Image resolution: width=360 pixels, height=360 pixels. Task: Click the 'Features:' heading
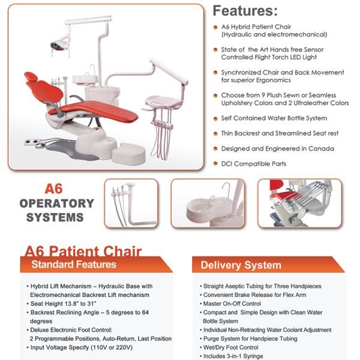pos(245,11)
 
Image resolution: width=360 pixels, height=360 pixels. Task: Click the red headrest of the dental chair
pos(32,76)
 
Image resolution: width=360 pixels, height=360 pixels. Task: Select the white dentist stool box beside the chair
pos(129,153)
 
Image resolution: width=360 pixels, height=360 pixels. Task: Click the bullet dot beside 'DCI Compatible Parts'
pos(215,164)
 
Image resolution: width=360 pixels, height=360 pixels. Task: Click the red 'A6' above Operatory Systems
pos(53,189)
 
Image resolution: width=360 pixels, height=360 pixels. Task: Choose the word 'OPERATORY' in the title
pos(57,203)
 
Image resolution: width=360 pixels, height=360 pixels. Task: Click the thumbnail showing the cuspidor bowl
pos(208,203)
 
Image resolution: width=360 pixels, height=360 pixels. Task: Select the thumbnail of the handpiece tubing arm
pos(131,203)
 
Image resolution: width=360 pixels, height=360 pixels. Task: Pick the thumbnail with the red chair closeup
pos(299,203)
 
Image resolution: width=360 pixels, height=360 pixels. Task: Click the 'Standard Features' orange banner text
pos(74,264)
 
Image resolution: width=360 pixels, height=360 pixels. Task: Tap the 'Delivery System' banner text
pos(241,265)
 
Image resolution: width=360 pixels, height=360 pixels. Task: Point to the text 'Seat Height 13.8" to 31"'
pos(63,304)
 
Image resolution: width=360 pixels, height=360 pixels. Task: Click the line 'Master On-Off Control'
pos(232,304)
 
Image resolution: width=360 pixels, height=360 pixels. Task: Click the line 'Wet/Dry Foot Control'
pos(230,347)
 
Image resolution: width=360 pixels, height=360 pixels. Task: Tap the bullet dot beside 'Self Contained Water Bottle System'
pos(215,119)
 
